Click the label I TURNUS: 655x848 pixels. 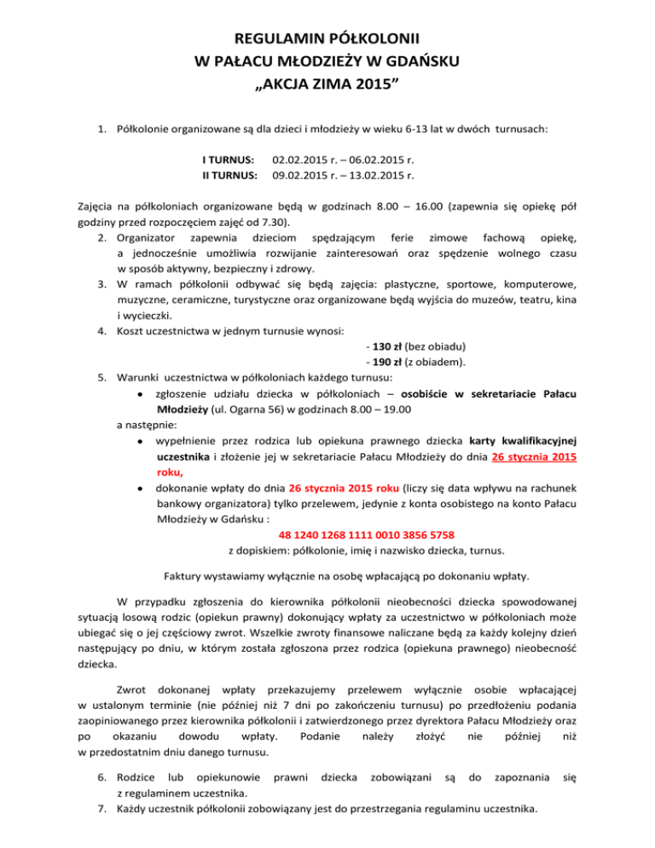click(229, 160)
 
